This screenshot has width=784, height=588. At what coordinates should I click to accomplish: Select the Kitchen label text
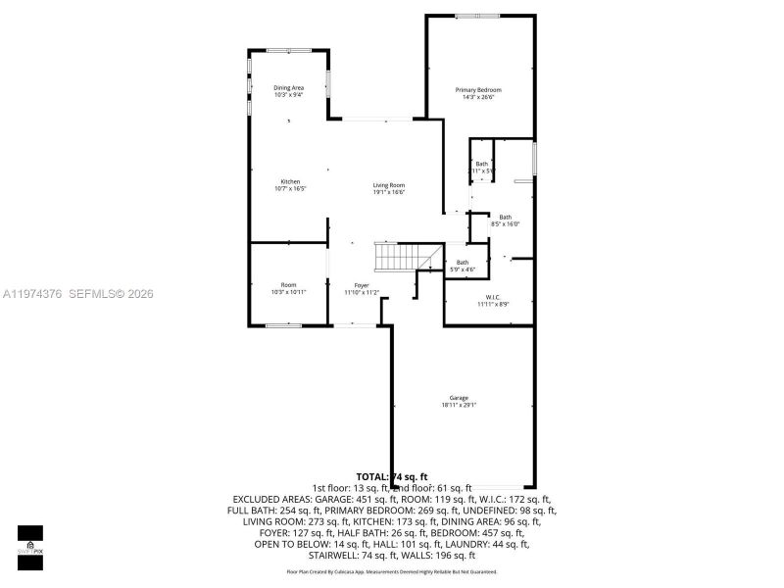[290, 182]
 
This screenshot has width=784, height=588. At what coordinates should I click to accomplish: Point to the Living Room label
[388, 185]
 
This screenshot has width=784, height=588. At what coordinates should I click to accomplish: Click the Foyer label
[362, 285]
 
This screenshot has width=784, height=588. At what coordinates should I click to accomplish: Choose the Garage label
[459, 398]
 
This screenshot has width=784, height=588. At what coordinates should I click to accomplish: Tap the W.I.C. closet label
[493, 297]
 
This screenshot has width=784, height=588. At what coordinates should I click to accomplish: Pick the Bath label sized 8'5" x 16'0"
[505, 220]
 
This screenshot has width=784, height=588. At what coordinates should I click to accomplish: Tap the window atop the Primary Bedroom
[476, 16]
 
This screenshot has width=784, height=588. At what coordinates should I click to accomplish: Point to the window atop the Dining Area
[290, 51]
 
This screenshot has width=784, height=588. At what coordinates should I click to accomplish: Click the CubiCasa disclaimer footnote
[391, 571]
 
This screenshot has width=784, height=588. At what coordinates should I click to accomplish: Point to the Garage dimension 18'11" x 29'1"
[459, 406]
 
